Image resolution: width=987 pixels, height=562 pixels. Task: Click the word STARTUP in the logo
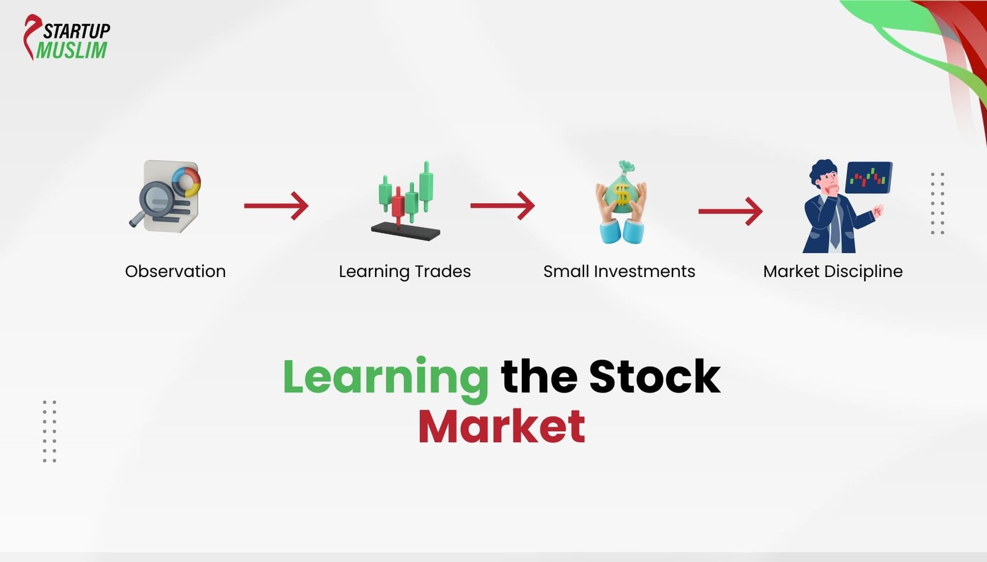[x=76, y=31]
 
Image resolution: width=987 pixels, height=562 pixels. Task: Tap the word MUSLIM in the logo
[x=72, y=51]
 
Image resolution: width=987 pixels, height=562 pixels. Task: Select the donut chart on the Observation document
[x=186, y=181]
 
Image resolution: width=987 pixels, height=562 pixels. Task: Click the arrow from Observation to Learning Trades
[x=276, y=205]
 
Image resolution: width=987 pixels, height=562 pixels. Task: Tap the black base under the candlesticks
[x=405, y=231]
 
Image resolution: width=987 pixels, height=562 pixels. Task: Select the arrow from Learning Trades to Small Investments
[x=502, y=205]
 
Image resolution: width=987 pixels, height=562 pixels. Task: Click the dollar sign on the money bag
[x=622, y=196]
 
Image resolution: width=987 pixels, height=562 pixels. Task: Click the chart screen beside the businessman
[x=869, y=177]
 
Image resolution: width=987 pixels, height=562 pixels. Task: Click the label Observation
[x=175, y=271]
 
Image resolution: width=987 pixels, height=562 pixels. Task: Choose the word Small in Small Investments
[x=566, y=271]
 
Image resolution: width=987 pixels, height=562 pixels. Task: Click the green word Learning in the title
[x=386, y=376]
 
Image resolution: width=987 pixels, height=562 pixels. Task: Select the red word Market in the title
[x=502, y=426]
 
